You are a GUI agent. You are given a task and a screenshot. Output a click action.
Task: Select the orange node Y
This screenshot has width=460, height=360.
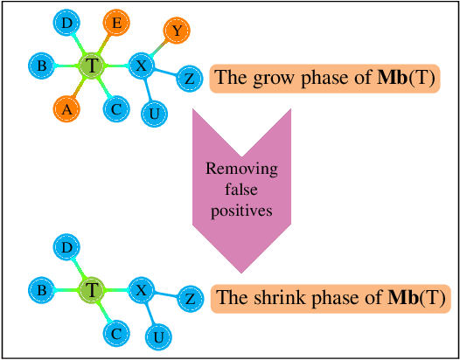(x=177, y=31)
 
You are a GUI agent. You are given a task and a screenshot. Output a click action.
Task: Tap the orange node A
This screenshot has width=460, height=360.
(x=66, y=109)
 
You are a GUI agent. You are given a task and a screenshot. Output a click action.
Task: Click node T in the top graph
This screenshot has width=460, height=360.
(x=93, y=65)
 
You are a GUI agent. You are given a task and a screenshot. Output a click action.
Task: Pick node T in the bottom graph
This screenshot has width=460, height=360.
(x=92, y=289)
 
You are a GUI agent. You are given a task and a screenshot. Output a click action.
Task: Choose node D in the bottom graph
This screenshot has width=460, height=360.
(x=66, y=248)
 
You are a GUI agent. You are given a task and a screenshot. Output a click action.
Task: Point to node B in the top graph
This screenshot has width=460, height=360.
(x=40, y=65)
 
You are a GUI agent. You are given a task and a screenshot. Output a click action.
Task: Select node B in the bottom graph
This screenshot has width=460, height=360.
(x=40, y=289)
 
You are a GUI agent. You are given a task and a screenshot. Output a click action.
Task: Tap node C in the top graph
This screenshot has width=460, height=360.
(x=115, y=109)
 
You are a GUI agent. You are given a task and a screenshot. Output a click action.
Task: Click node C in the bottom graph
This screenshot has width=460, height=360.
(x=115, y=333)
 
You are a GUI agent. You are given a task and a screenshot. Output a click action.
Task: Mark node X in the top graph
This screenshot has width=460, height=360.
(x=141, y=65)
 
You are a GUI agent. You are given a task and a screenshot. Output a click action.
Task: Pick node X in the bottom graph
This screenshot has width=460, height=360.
(x=141, y=289)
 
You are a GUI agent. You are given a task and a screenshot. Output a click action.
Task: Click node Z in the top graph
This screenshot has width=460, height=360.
(x=189, y=79)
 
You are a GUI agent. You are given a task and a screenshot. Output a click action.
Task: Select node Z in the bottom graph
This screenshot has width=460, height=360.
(x=189, y=300)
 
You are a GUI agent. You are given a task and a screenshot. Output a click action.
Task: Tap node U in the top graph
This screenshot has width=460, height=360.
(x=155, y=113)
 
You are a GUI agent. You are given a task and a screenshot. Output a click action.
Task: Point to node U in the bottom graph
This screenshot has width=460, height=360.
(x=157, y=336)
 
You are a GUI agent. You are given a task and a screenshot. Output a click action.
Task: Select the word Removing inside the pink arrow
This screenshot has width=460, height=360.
(x=240, y=170)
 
